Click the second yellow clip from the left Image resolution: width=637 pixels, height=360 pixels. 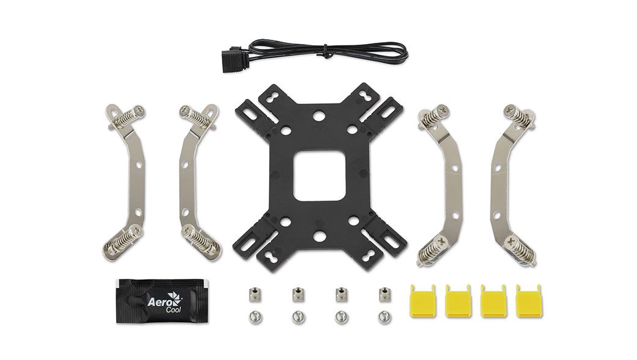pyautogui.click(x=458, y=300)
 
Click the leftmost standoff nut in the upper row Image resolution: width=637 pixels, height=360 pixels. pyautogui.click(x=252, y=294)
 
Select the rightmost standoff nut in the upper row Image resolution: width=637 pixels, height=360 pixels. pyautogui.click(x=383, y=294)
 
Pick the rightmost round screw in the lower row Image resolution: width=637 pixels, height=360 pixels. pyautogui.click(x=383, y=317)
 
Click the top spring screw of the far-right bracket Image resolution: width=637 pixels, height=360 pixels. pyautogui.click(x=518, y=116)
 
